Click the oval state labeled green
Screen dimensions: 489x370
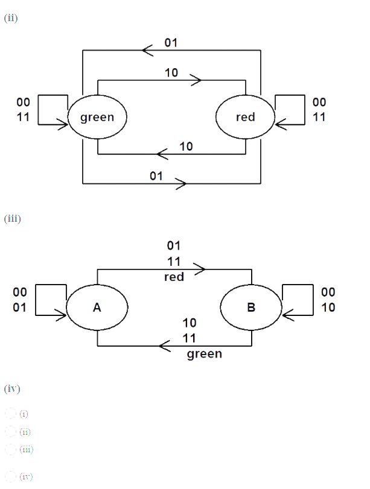97,117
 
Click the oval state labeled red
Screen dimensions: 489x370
245,117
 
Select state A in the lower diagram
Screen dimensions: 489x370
97,308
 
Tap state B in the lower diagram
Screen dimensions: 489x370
251,308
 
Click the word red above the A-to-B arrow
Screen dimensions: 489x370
174,277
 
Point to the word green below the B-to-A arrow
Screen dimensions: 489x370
204,354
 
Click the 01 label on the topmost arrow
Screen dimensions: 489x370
171,43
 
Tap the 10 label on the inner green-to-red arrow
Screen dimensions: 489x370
171,72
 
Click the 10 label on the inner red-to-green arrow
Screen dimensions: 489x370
186,147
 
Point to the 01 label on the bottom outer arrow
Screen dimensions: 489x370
156,175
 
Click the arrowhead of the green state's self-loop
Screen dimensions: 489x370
62,125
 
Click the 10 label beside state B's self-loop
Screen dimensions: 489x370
328,308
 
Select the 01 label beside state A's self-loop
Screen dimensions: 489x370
20,308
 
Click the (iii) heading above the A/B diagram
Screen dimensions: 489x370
12,218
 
